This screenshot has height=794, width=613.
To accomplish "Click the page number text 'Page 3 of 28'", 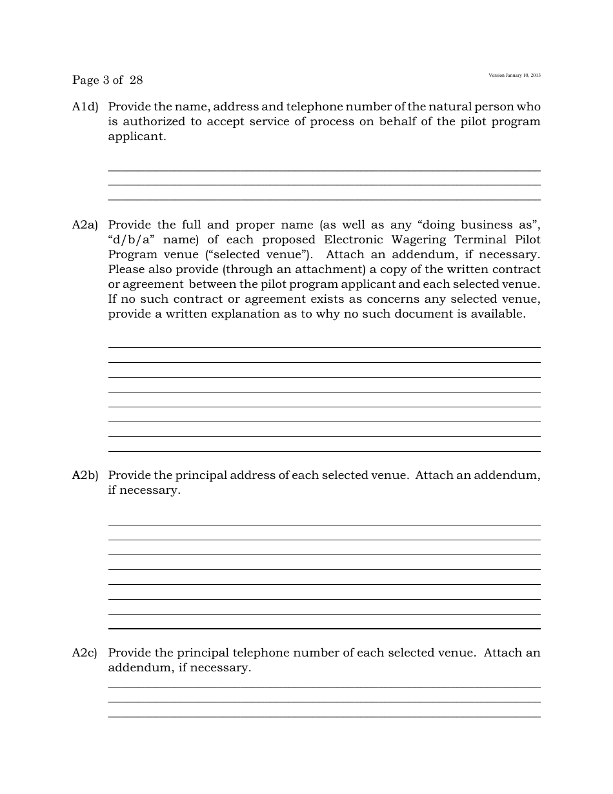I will tap(107, 81).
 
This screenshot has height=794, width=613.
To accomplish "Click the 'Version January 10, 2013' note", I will tap(514, 76).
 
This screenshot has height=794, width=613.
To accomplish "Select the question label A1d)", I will tap(85, 107).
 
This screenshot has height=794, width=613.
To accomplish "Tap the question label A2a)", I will tap(85, 225).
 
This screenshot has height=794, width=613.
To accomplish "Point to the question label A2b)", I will tap(85, 476).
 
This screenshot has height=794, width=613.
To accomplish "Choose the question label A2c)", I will tap(85, 653).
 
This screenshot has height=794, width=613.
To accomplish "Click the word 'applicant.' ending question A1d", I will tap(137, 137).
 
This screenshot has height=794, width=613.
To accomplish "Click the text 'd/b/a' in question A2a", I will tap(132, 240).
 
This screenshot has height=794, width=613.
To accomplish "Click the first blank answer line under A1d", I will tap(324, 170).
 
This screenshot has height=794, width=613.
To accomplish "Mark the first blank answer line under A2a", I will tap(324, 347).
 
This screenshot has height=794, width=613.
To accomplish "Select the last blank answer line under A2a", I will tap(324, 451).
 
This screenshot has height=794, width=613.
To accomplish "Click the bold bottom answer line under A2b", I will tap(324, 628).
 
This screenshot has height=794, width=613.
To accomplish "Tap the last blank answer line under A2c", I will tap(324, 717).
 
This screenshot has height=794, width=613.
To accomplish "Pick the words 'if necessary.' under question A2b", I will tap(144, 491).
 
